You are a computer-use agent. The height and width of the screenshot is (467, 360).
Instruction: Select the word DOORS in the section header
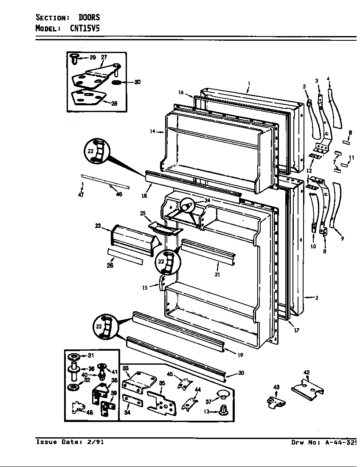point(89,17)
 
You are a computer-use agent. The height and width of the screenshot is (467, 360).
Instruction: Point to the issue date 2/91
point(96,442)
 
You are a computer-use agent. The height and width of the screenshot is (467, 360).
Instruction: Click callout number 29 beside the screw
point(93,57)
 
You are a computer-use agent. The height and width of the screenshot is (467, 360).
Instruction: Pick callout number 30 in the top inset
point(137,82)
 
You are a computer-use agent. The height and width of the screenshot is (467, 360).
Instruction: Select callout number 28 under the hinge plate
point(114,103)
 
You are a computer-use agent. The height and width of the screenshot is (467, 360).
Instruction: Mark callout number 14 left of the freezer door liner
point(152,132)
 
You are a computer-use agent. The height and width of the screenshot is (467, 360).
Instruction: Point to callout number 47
point(81,195)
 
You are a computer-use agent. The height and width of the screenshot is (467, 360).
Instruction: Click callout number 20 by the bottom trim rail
point(241,373)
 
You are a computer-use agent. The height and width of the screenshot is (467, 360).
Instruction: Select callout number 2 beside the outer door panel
point(316,298)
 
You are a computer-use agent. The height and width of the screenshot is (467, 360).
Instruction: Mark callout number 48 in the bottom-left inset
point(89,412)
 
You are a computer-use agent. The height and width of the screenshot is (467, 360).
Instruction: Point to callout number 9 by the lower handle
point(342,238)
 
